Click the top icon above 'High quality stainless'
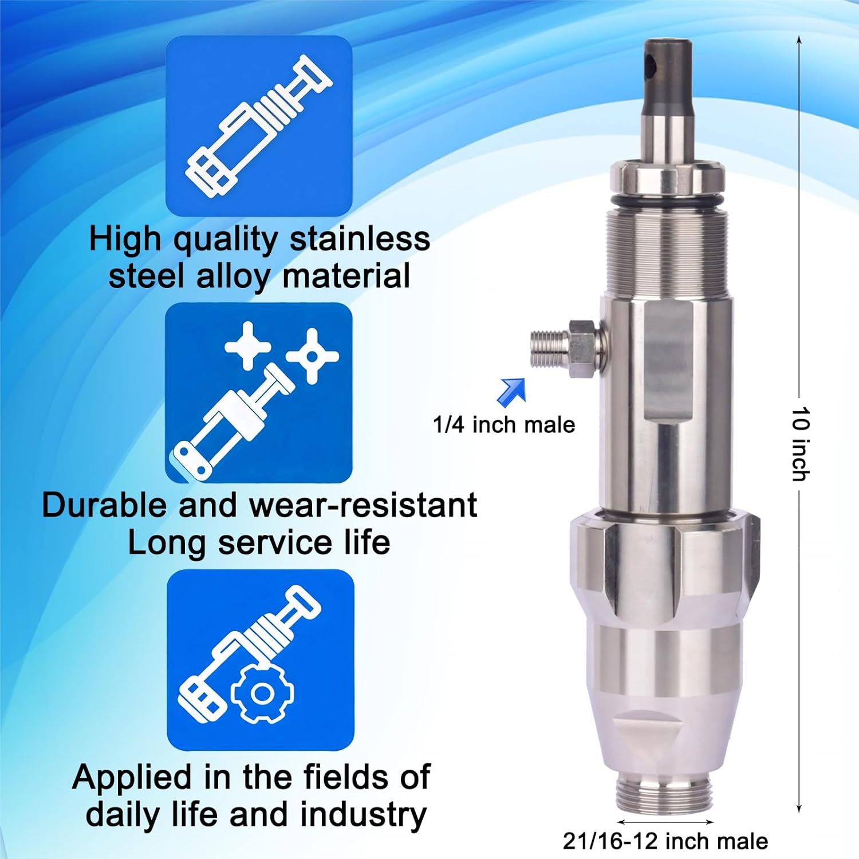(259, 126)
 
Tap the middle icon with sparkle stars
(259, 393)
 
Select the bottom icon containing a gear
(261, 660)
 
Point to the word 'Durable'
(104, 505)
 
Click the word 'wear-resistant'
(363, 505)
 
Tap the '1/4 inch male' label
(503, 425)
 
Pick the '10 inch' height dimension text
(801, 444)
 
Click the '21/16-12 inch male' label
(665, 841)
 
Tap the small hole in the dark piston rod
(650, 66)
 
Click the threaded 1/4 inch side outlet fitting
(549, 348)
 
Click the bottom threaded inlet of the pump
(665, 793)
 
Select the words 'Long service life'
(259, 542)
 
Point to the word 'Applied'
(133, 777)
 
